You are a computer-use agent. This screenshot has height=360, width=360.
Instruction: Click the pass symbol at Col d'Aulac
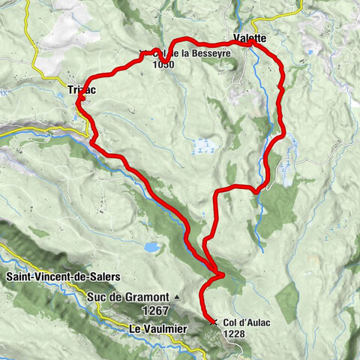[x=214, y=322]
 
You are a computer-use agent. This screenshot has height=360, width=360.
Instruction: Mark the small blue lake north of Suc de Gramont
[x=152, y=246]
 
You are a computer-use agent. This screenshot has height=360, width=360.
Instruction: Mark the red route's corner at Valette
[x=253, y=44]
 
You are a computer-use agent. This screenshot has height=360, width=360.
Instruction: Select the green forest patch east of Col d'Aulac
[x=289, y=300]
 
